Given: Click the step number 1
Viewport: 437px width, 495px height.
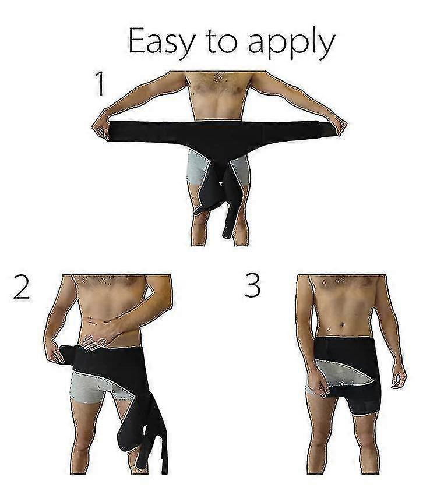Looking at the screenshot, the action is pyautogui.click(x=100, y=83).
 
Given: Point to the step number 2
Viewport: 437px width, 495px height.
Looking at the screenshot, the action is pyautogui.click(x=22, y=287).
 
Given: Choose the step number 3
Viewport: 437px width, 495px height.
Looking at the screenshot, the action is pyautogui.click(x=253, y=285).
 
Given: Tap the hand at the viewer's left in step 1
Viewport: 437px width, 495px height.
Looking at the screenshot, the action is pyautogui.click(x=101, y=128).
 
